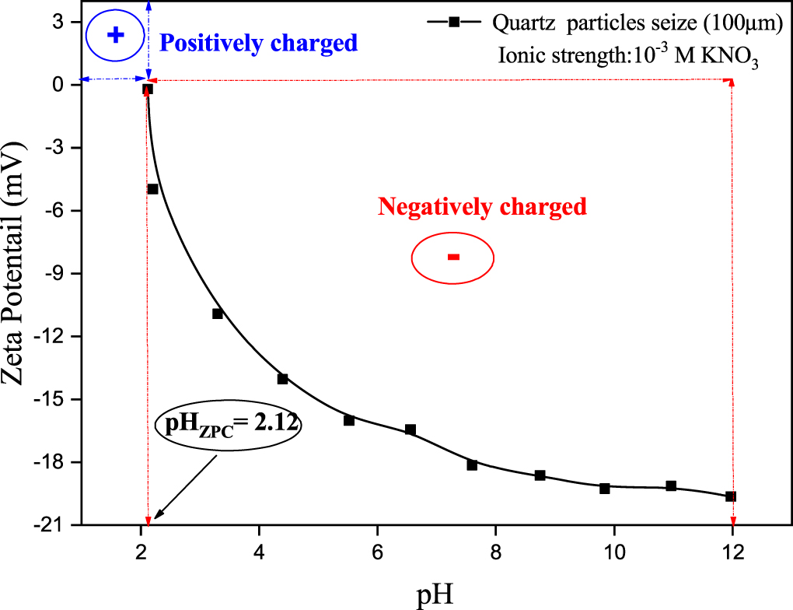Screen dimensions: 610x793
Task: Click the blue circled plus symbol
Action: tap(115, 35)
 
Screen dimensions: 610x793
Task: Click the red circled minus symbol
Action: tap(453, 258)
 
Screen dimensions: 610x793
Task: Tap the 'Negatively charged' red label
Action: tap(481, 207)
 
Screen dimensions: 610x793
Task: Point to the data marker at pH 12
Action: tap(731, 496)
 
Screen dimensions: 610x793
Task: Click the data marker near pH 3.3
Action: tap(218, 314)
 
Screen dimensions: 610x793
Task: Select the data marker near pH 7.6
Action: tap(472, 465)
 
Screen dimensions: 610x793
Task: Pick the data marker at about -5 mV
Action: tap(153, 189)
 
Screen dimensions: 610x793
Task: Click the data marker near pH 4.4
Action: tap(283, 379)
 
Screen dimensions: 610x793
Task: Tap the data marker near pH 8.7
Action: tap(540, 475)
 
